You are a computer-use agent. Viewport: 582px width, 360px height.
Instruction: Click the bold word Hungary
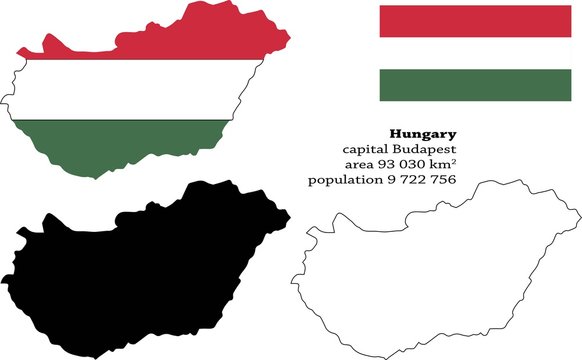(423, 133)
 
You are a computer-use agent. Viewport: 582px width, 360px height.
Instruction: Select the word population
(342, 179)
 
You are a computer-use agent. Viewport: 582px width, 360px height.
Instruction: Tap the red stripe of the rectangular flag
(475, 21)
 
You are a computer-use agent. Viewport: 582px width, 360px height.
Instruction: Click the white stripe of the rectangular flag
(475, 53)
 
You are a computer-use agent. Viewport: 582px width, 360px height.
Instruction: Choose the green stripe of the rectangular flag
(475, 85)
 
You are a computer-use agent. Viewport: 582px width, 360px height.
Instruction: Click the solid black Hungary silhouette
(140, 260)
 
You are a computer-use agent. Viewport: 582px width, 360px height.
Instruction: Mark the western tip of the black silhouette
(4, 279)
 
